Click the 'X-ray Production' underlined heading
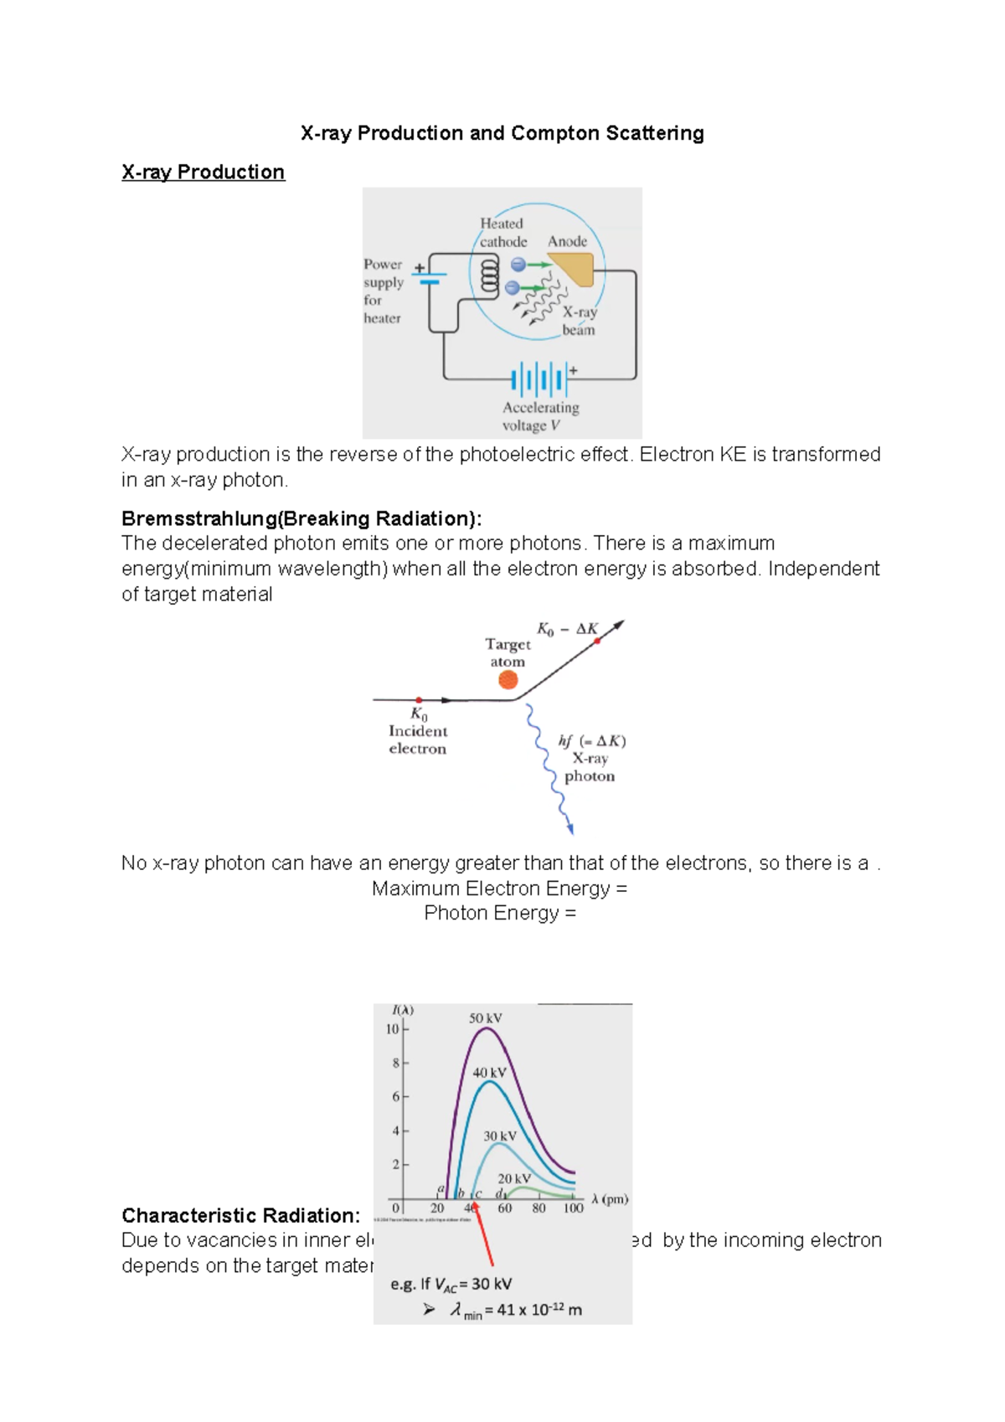[x=203, y=173]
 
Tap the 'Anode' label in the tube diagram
[x=567, y=241]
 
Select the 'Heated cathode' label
[x=502, y=233]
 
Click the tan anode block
[x=575, y=270]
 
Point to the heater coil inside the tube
[x=487, y=275]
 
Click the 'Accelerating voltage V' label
[x=540, y=416]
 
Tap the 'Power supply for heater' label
[x=383, y=291]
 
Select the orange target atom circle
[x=508, y=680]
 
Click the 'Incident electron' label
[x=417, y=739]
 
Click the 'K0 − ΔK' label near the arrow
[x=567, y=629]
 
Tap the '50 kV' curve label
[x=485, y=1018]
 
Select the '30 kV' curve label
[x=499, y=1136]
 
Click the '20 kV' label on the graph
[x=513, y=1178]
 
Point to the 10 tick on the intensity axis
[x=392, y=1029]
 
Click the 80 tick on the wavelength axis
[x=539, y=1208]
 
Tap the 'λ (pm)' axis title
[x=610, y=1199]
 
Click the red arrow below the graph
[x=483, y=1234]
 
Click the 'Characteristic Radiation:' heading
[x=240, y=1216]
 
